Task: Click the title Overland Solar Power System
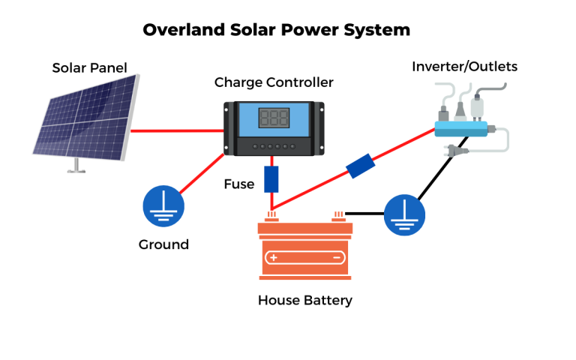click(277, 30)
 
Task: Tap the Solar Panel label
click(89, 67)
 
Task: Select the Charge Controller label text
click(274, 82)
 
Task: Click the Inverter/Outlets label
click(464, 67)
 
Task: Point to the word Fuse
click(238, 184)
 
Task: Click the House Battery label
click(304, 301)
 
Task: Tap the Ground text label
click(163, 244)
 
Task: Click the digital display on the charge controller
click(274, 118)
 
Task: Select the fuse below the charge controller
click(271, 179)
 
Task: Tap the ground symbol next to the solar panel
click(163, 206)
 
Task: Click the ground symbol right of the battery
click(404, 215)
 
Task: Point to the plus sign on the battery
click(274, 257)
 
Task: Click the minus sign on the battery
click(337, 257)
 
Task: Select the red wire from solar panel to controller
click(177, 130)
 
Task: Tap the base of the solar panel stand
click(74, 169)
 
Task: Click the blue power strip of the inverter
click(461, 128)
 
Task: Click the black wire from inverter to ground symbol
click(442, 169)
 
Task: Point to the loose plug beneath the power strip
click(455, 151)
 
